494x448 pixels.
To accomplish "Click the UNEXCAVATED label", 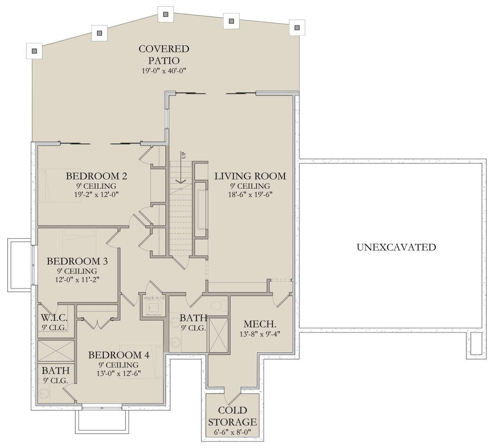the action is click(x=396, y=247).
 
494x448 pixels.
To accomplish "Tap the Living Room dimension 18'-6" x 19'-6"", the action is click(x=250, y=194).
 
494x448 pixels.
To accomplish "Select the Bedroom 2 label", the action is click(x=96, y=176).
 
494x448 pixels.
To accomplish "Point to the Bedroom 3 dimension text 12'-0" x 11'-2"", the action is click(x=77, y=280).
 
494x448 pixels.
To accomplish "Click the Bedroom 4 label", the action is click(x=119, y=355).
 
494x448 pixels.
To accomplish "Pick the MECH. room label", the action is click(x=260, y=324).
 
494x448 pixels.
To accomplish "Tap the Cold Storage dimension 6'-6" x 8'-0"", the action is click(x=232, y=432).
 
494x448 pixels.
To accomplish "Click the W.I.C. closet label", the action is click(x=54, y=318).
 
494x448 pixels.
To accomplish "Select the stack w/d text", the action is click(x=154, y=298).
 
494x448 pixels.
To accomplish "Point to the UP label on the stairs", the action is click(x=183, y=155).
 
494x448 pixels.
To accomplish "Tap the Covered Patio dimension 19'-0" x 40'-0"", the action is click(x=163, y=71).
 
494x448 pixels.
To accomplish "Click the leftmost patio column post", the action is click(x=34, y=51).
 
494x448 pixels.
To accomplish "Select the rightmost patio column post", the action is click(x=297, y=28).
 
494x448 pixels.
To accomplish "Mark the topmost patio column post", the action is click(x=166, y=14).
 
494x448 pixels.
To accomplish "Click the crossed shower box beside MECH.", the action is click(x=219, y=335).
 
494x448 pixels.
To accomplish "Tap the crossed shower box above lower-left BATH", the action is click(x=56, y=351).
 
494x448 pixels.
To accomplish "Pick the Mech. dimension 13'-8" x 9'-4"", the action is click(x=260, y=334).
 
